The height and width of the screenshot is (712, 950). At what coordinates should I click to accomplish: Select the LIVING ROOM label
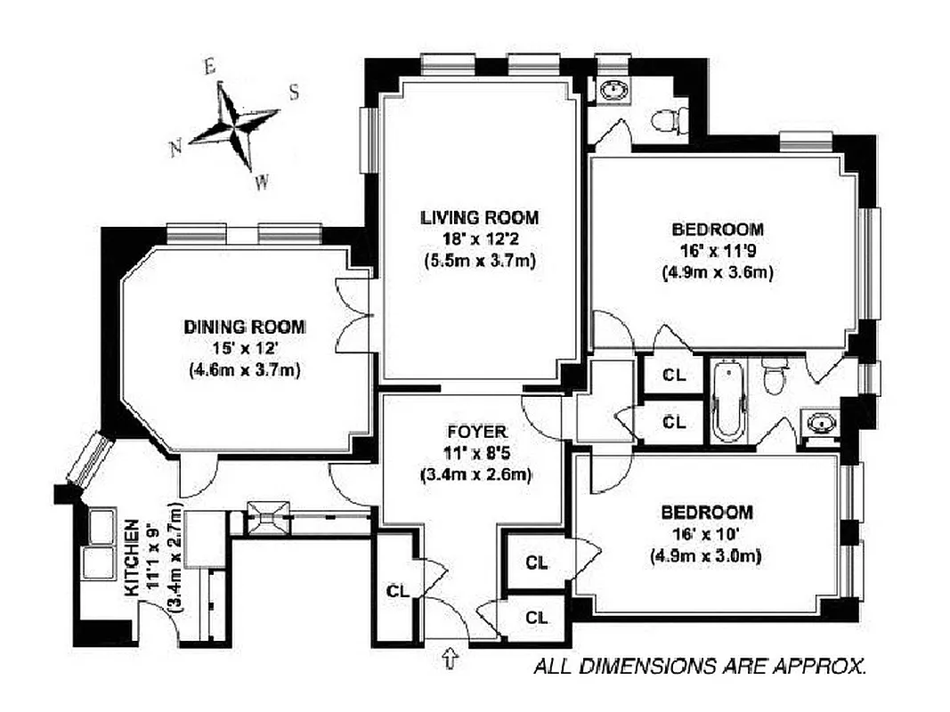click(x=480, y=217)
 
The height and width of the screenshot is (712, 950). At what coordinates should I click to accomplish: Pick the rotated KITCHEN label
click(x=132, y=557)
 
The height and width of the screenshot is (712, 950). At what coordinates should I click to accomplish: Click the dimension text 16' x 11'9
click(x=718, y=252)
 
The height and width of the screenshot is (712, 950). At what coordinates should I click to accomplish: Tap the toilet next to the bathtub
click(x=774, y=376)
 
